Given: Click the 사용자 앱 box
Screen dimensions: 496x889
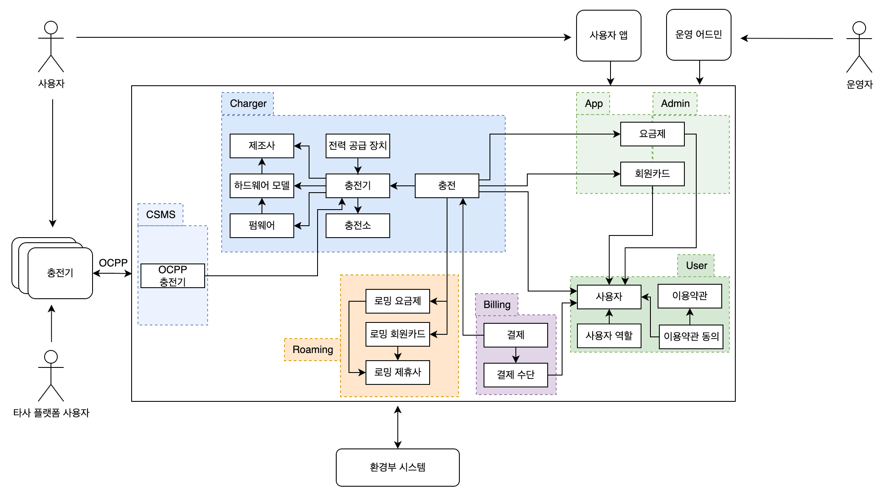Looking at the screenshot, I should point(608,36).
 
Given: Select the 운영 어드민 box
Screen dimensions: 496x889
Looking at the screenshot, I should point(698,35).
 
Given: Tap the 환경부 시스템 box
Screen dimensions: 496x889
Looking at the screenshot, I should point(397,467).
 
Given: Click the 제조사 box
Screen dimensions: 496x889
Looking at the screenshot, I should point(262,146).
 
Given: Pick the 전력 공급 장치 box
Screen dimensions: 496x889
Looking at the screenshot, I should point(357,146).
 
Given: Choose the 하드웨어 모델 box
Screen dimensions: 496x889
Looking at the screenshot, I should point(262,186).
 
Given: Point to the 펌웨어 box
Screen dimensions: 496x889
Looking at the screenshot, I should point(262,225).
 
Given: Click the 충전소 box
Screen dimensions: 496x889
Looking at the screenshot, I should point(357,225).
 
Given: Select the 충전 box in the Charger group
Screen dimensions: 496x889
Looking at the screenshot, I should point(447,186).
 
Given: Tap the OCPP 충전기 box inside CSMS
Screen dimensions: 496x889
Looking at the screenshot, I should point(172,276).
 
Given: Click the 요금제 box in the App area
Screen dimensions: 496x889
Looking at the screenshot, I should point(652,134).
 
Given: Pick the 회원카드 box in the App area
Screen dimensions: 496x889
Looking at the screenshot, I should point(652,174).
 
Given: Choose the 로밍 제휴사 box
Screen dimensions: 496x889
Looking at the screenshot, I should point(397,373).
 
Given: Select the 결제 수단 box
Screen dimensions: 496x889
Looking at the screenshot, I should point(515,375).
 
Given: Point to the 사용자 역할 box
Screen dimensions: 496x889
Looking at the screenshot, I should point(609,336).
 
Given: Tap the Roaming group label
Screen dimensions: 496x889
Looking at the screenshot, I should point(312,350).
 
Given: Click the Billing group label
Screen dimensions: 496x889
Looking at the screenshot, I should point(497,305).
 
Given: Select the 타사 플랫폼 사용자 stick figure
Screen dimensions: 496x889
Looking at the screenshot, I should point(51,376).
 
